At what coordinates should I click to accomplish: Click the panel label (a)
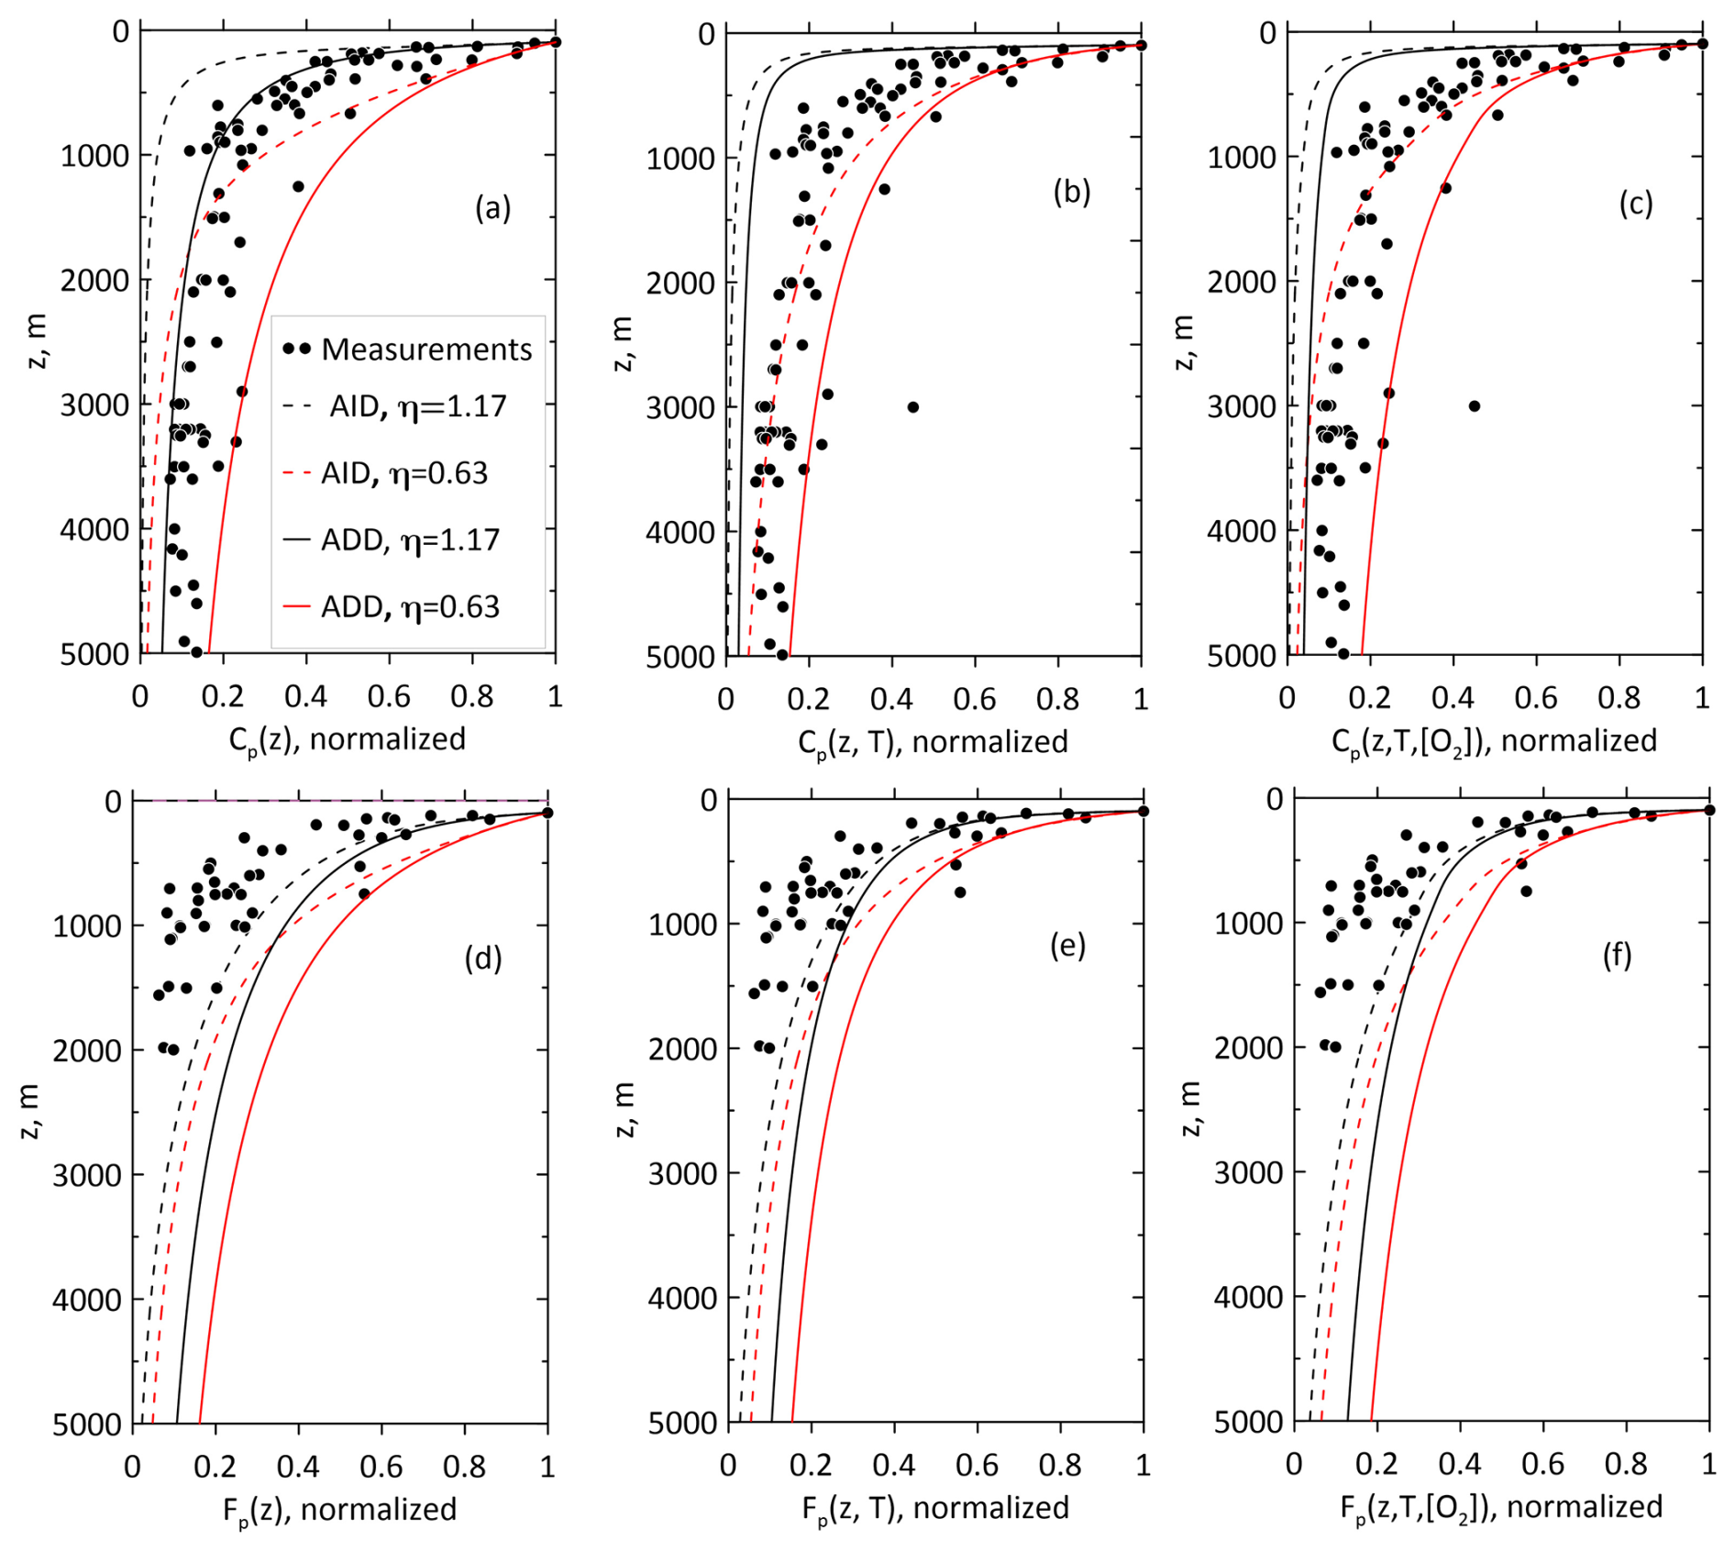[x=492, y=209]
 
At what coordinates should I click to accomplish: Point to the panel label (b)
[x=1071, y=193]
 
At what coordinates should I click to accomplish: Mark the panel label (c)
[x=1635, y=204]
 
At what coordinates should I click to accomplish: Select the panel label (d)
[x=483, y=958]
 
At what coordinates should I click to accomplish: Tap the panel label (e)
[x=1067, y=945]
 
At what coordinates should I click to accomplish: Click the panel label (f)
[x=1617, y=956]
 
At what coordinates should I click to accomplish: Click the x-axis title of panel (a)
[x=348, y=739]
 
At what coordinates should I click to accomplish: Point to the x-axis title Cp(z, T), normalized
[x=933, y=742]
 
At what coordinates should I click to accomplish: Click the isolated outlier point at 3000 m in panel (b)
[x=912, y=407]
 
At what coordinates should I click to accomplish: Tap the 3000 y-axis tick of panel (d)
[x=87, y=1175]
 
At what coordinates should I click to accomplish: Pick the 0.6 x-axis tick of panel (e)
[x=977, y=1466]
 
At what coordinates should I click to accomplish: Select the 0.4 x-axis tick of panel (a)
[x=305, y=697]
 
